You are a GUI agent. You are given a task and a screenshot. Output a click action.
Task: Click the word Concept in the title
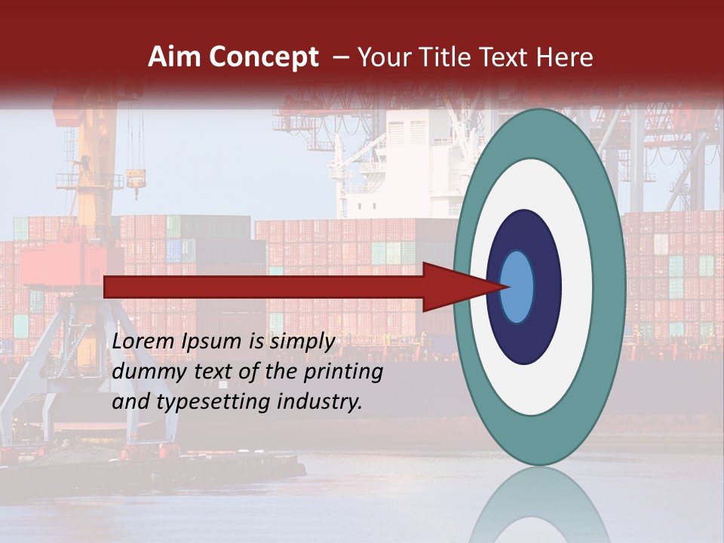(262, 57)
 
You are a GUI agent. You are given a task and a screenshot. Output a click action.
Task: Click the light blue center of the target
(517, 287)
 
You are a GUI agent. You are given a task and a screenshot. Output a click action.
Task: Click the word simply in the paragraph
(302, 342)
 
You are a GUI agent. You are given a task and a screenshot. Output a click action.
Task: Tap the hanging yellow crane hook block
(136, 179)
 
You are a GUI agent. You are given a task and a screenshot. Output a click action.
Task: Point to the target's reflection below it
(539, 505)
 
